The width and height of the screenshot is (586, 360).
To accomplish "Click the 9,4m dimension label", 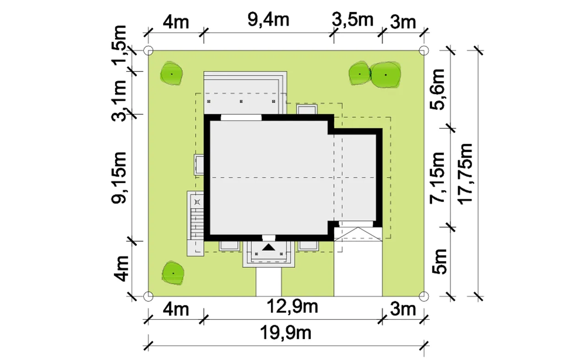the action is pyautogui.click(x=268, y=20).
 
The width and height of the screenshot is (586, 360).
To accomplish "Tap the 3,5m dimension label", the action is pyautogui.click(x=353, y=20).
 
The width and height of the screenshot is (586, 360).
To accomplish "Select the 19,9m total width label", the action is pyautogui.click(x=286, y=333).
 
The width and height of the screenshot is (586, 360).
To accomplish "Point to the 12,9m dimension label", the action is pyautogui.click(x=292, y=306).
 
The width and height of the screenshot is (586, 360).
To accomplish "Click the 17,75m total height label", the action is pyautogui.click(x=466, y=174).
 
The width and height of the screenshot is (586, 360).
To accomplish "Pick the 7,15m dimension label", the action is pyautogui.click(x=437, y=177).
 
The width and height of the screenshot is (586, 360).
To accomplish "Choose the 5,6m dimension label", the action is pyautogui.click(x=437, y=89).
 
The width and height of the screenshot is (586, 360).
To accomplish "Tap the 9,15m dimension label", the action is pyautogui.click(x=119, y=178).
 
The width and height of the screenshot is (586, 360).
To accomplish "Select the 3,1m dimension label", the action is pyautogui.click(x=119, y=101).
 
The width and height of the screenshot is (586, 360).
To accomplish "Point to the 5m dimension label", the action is pyautogui.click(x=439, y=262).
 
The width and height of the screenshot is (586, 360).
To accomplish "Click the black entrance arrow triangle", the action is pyautogui.click(x=269, y=247).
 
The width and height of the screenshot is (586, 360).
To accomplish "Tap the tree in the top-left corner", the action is pyautogui.click(x=171, y=74).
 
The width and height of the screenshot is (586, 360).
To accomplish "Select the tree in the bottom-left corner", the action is pyautogui.click(x=173, y=273).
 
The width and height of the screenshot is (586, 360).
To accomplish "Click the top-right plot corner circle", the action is pyautogui.click(x=424, y=50).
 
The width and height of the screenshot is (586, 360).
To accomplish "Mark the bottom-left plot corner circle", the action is pyautogui.click(x=148, y=296).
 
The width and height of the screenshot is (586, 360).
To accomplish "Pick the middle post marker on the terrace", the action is pyautogui.click(x=241, y=101).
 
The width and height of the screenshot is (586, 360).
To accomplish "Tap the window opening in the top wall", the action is pyautogui.click(x=241, y=117).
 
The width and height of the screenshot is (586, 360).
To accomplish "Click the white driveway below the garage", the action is pyautogui.click(x=358, y=269).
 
